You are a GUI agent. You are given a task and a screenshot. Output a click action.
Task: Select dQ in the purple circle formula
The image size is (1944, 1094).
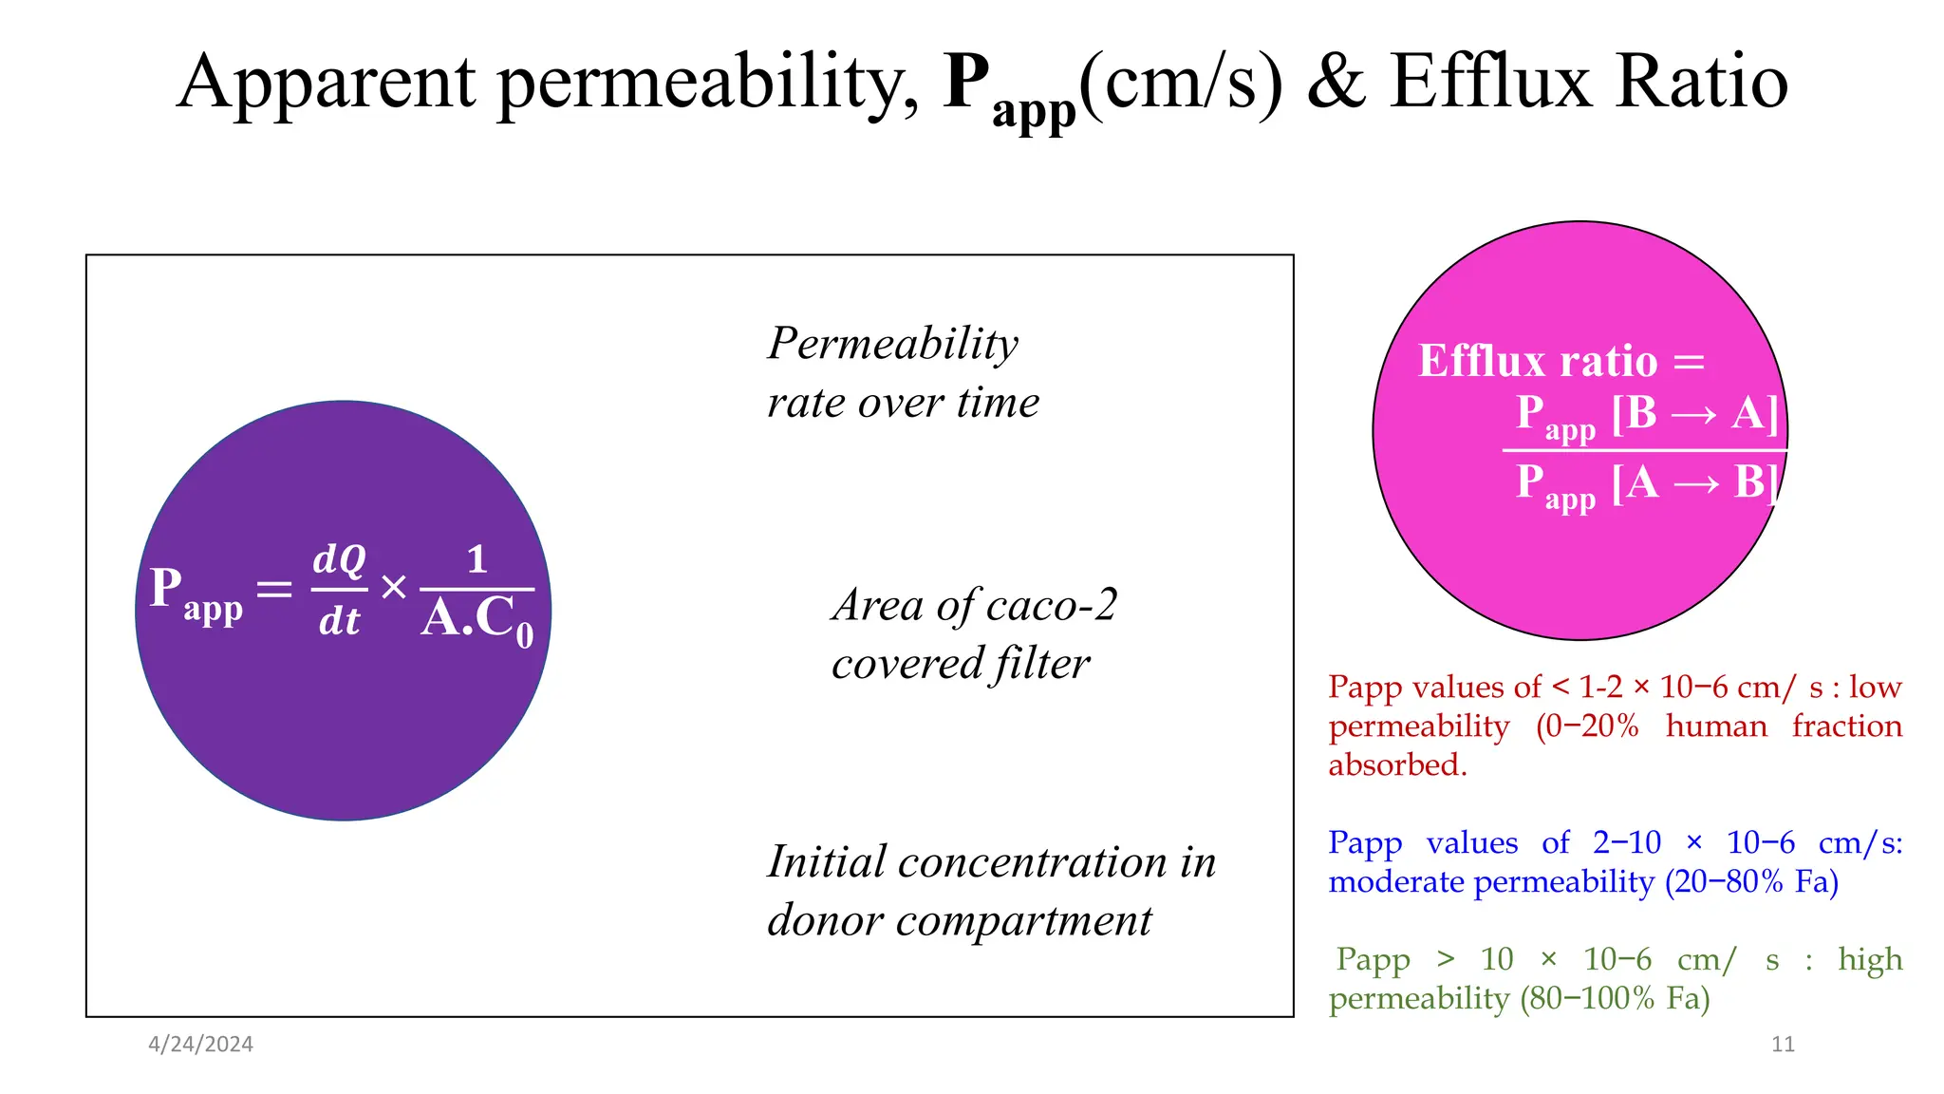[x=339, y=559]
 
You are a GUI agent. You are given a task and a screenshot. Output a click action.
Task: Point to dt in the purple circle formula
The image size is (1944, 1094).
[x=339, y=621]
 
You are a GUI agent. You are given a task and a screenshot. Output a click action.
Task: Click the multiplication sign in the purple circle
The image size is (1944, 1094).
[x=394, y=588]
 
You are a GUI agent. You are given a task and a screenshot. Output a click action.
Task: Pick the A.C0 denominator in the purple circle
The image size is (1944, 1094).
[x=477, y=619]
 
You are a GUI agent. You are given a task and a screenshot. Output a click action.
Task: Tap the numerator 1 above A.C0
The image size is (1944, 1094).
[x=477, y=559]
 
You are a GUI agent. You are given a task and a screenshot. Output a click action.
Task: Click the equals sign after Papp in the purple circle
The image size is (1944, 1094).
[x=274, y=590]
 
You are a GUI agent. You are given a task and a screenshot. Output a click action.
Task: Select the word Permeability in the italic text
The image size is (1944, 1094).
[x=892, y=344]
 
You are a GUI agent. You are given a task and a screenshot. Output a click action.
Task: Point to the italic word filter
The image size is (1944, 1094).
[x=1041, y=664]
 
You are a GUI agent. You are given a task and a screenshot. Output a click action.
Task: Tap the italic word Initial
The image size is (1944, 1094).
[x=826, y=862]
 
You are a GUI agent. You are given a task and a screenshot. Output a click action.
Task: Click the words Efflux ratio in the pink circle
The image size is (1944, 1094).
[x=1538, y=361]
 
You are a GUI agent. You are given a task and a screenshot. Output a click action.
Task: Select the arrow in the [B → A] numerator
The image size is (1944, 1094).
[x=1693, y=415]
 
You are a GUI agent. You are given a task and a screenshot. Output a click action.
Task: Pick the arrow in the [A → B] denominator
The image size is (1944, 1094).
[x=1696, y=484]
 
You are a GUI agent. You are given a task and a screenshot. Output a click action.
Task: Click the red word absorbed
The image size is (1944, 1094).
[x=1397, y=764]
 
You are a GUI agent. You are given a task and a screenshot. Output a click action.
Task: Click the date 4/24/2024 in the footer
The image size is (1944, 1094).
[x=200, y=1045]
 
